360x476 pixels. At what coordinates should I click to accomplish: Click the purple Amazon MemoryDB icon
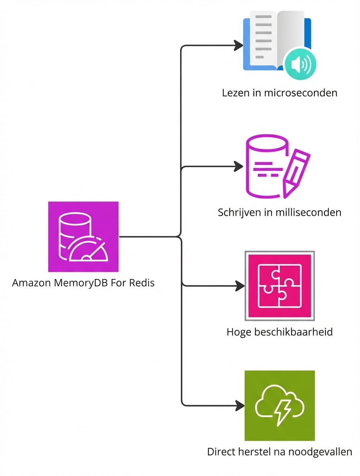point(83,236)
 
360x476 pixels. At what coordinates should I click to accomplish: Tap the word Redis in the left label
point(142,283)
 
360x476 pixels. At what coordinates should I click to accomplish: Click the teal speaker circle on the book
point(299,64)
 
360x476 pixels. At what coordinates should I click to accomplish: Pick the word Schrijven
point(238,212)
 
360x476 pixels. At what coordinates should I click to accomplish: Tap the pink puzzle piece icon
point(280,286)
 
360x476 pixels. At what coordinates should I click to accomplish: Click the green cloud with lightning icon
point(280,405)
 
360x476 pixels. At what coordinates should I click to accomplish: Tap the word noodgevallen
point(327,451)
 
